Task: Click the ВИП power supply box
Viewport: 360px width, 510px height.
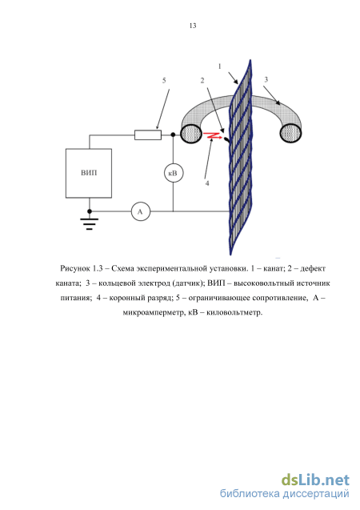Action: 89,174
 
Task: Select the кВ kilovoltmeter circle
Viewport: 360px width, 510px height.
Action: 174,174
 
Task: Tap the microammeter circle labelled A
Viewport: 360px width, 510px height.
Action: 141,211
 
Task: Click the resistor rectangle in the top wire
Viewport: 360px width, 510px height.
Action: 148,135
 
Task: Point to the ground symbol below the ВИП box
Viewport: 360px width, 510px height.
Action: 90,224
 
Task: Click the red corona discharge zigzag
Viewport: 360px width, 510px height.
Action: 213,135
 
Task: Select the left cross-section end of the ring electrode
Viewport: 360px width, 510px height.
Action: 191,134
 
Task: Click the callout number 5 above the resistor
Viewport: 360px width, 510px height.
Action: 164,80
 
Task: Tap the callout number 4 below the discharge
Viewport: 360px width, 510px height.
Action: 207,183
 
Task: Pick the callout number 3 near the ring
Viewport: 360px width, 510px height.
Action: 266,80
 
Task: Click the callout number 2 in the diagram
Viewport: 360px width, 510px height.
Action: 202,80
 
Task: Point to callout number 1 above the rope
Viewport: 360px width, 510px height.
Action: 220,66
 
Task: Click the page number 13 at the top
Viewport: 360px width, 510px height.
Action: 193,26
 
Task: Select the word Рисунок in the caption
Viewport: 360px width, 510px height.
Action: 75,269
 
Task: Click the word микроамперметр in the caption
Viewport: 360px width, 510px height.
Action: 153,312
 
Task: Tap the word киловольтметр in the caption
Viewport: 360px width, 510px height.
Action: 234,312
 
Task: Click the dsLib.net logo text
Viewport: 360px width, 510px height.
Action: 315,480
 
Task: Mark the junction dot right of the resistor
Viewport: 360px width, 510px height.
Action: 173,135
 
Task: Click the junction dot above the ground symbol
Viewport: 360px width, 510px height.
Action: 90,211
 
